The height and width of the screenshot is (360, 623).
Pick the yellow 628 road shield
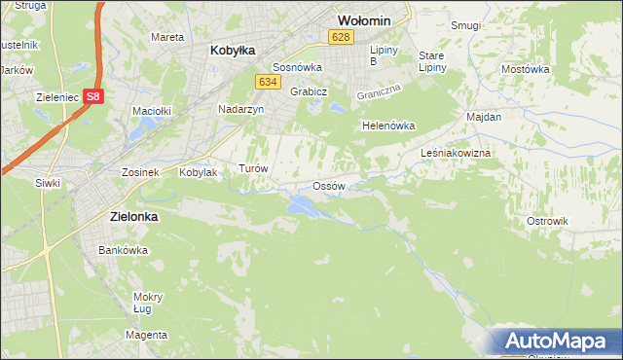coord(339,37)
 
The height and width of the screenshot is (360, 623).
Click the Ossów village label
coord(329,186)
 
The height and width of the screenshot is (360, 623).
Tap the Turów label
coord(253,168)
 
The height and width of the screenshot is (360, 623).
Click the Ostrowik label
coord(546,221)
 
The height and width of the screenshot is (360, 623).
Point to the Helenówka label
coord(388,126)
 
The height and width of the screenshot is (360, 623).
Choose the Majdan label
coord(484,117)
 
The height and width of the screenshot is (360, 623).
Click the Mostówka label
coord(525,69)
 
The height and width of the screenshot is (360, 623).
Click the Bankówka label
coord(123,250)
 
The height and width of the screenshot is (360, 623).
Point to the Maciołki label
coord(152,111)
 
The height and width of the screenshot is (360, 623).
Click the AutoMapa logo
coord(556,341)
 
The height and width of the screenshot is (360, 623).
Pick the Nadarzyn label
coord(240,110)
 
